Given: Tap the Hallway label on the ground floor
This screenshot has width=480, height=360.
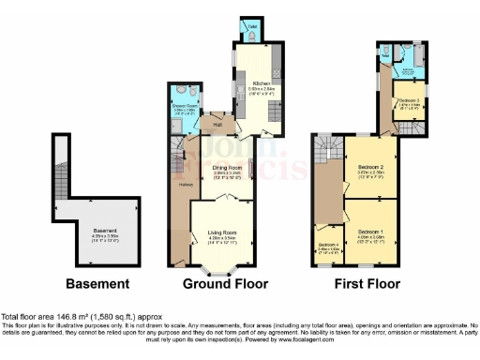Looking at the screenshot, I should point(185,185).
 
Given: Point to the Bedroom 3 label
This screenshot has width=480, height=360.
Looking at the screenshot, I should point(407,99).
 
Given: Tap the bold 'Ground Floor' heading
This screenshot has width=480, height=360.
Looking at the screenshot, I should point(225,283).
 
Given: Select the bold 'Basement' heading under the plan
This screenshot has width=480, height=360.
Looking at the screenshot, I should point(97,283).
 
